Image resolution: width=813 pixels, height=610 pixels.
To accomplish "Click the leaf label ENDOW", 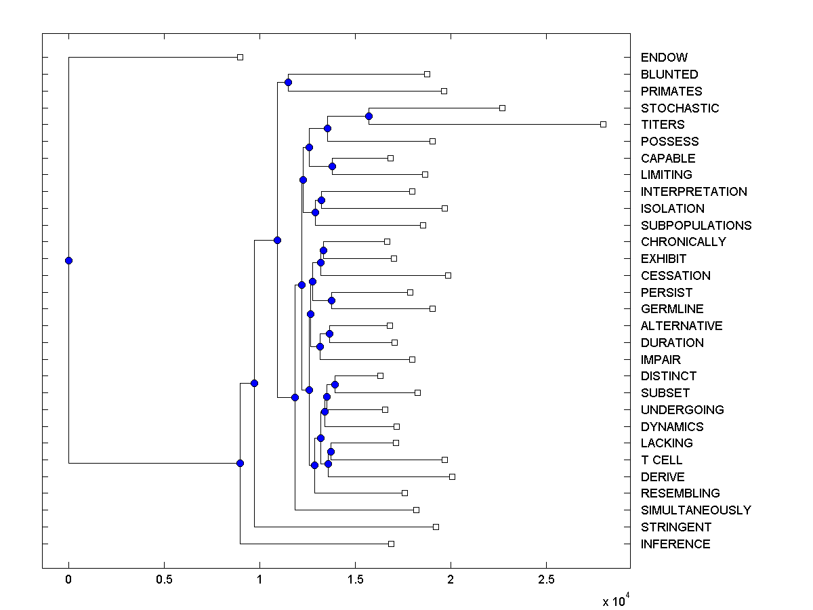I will [664, 58].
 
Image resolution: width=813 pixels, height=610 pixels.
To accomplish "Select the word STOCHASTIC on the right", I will [680, 108].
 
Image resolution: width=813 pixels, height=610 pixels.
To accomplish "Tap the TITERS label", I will [663, 125].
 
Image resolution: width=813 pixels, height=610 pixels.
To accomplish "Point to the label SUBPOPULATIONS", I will [696, 225].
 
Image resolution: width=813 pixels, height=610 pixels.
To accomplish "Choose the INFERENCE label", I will [675, 544].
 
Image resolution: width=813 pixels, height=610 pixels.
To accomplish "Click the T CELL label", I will [661, 460].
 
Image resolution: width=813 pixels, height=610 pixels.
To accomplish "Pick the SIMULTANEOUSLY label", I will [696, 510].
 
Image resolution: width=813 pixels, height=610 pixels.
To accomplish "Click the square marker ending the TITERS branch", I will [603, 124].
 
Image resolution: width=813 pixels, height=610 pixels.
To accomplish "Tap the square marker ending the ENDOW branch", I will [240, 58].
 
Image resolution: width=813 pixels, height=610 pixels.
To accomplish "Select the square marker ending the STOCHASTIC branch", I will [502, 108].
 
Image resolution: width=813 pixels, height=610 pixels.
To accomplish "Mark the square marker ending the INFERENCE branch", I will [391, 544].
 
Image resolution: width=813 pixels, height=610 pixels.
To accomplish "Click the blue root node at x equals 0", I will [68, 260].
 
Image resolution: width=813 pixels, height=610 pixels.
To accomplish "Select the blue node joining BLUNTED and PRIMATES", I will [288, 82].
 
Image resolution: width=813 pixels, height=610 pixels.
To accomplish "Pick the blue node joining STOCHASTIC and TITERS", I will [369, 116].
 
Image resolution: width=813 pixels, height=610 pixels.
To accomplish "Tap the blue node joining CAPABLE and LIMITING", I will [332, 166].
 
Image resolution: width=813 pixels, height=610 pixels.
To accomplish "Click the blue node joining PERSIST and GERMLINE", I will [331, 300].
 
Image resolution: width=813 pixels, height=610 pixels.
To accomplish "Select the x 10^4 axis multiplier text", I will [615, 601].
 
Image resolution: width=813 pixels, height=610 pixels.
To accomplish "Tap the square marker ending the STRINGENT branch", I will [436, 527].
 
